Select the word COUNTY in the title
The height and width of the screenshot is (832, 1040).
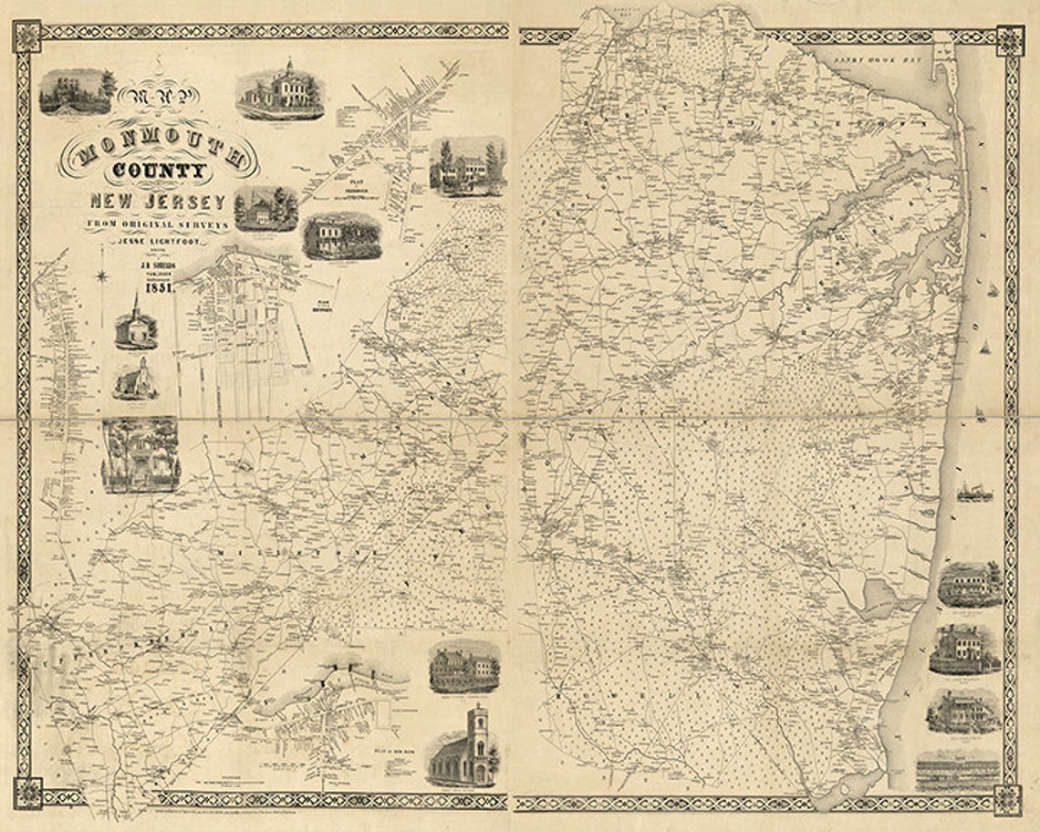[x=158, y=171]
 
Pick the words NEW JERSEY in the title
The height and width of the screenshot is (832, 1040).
[x=157, y=201]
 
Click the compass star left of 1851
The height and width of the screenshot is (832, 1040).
[x=103, y=276]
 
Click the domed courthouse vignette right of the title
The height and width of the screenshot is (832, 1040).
[x=281, y=91]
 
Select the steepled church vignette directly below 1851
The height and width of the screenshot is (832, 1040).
[x=136, y=325]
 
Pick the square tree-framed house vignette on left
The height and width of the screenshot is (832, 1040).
[x=140, y=454]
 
